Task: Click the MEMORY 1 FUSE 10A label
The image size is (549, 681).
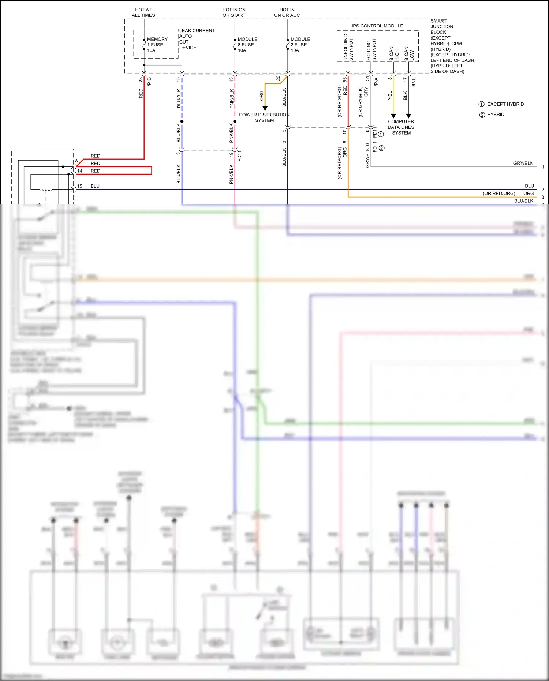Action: pyautogui.click(x=157, y=45)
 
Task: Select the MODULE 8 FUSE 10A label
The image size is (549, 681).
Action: pyautogui.click(x=247, y=45)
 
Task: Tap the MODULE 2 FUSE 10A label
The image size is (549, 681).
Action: pyautogui.click(x=300, y=45)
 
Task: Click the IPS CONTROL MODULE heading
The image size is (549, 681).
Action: pyautogui.click(x=377, y=26)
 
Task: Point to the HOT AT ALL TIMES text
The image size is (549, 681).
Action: pyautogui.click(x=143, y=12)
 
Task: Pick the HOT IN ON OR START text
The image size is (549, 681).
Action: pyautogui.click(x=234, y=12)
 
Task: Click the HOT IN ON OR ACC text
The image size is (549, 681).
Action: pyautogui.click(x=287, y=12)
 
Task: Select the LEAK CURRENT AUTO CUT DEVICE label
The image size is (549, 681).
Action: pyautogui.click(x=196, y=39)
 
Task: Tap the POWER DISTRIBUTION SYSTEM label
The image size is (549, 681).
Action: pyautogui.click(x=264, y=117)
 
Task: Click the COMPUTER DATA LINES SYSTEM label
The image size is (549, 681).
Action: pyautogui.click(x=401, y=127)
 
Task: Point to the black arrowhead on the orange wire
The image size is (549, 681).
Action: pyautogui.click(x=265, y=108)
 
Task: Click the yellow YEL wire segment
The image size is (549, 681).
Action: pyautogui.click(x=393, y=99)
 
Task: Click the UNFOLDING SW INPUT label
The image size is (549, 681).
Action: pyautogui.click(x=348, y=48)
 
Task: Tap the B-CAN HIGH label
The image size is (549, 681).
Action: pyautogui.click(x=394, y=53)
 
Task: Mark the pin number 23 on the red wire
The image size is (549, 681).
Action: pyautogui.click(x=141, y=80)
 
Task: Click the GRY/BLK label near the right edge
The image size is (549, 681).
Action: pyautogui.click(x=523, y=163)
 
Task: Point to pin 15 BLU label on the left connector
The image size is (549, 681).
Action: pyautogui.click(x=88, y=186)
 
